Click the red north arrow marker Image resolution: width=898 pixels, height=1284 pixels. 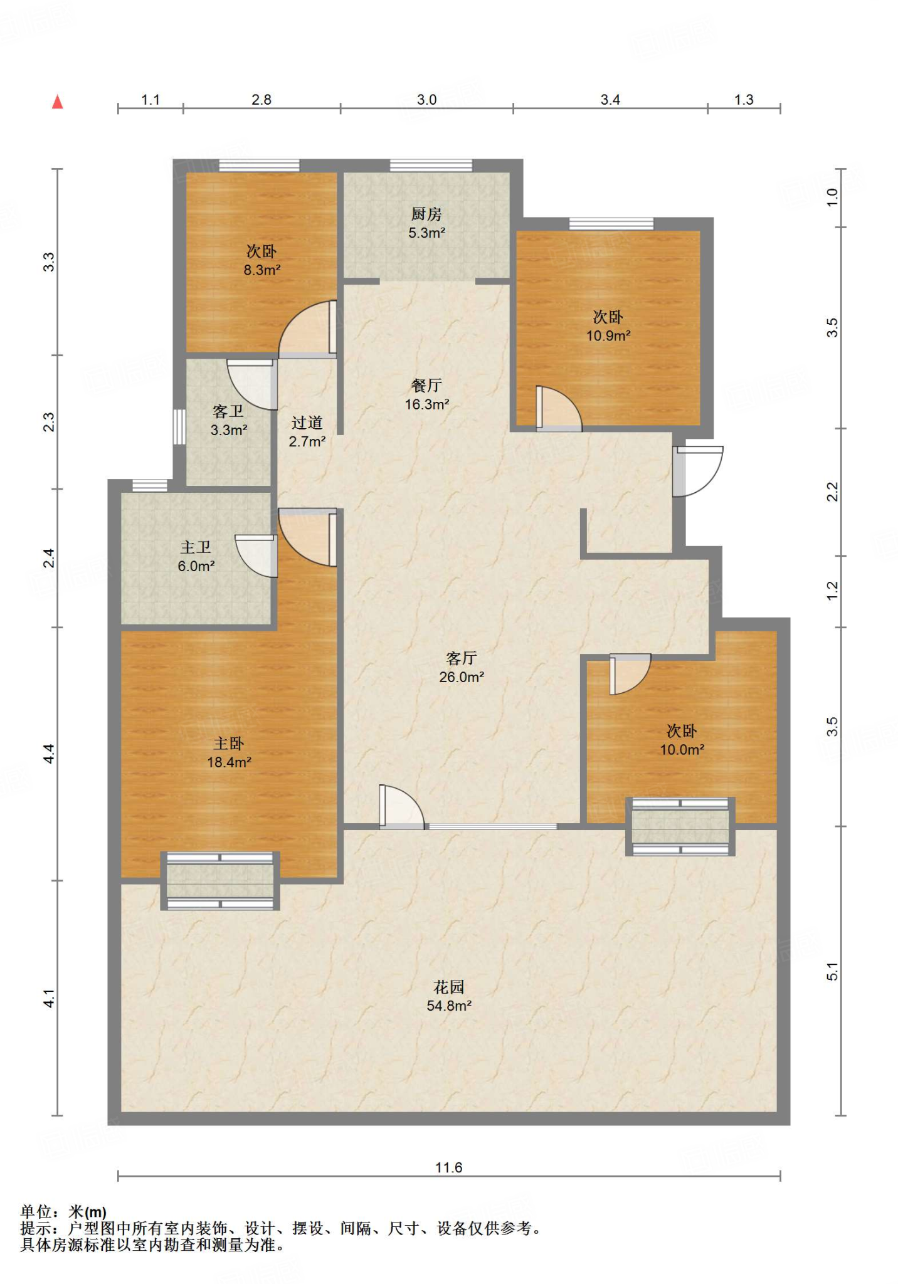point(58,102)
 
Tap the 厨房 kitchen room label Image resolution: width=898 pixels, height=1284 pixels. point(426,214)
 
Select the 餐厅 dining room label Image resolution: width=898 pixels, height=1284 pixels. point(426,386)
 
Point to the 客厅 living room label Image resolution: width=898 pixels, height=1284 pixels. point(462,658)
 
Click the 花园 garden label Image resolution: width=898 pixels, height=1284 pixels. point(449,987)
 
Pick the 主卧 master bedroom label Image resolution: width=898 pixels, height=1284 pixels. point(229,744)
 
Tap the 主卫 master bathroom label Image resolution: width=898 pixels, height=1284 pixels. point(196,547)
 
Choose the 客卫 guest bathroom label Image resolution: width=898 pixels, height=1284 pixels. point(228,411)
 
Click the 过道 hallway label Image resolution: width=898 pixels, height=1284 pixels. point(307,423)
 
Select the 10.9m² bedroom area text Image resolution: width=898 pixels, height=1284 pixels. point(608,336)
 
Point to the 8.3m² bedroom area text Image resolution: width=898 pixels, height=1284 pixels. point(262,270)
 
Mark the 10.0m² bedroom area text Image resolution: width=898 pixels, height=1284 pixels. point(682,750)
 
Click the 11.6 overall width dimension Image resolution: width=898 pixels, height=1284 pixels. point(449,1167)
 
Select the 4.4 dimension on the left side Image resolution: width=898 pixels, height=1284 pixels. point(49,754)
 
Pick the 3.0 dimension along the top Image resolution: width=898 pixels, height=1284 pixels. point(427,100)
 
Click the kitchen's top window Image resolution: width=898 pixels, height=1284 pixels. point(431,166)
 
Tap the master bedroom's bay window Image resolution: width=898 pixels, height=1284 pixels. point(220,881)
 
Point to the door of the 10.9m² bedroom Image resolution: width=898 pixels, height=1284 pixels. point(559,409)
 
